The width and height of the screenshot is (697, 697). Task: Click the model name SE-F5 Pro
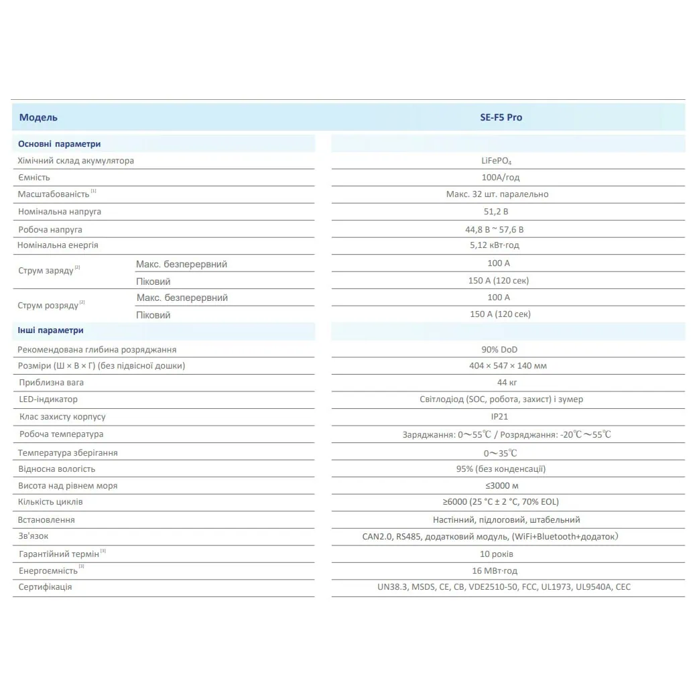[x=497, y=117]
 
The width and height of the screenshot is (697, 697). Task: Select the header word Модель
[x=38, y=117]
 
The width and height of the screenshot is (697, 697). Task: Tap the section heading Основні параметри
[x=59, y=143]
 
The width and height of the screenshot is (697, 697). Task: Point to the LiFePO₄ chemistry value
[x=497, y=161]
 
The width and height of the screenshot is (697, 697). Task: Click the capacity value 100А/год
[x=497, y=178]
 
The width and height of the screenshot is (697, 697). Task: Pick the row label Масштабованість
[x=54, y=194]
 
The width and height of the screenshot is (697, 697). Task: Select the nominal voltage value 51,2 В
[x=497, y=212]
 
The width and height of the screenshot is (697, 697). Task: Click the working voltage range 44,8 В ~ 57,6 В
[x=497, y=229]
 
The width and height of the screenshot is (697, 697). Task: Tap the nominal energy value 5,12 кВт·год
[x=497, y=245]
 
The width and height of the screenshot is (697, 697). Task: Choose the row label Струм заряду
[x=46, y=271]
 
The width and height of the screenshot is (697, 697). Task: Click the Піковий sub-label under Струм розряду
[x=153, y=315]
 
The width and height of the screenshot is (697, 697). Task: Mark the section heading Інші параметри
[x=50, y=330]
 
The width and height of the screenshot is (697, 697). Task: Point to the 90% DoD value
[x=497, y=349]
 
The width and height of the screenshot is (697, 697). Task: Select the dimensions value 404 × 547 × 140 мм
[x=497, y=366]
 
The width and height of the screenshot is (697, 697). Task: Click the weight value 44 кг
[x=497, y=383]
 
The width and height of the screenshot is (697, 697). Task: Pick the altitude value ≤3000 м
[x=497, y=485]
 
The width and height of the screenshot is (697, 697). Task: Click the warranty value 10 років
[x=497, y=554]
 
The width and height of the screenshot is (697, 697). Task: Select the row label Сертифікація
[x=45, y=587]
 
